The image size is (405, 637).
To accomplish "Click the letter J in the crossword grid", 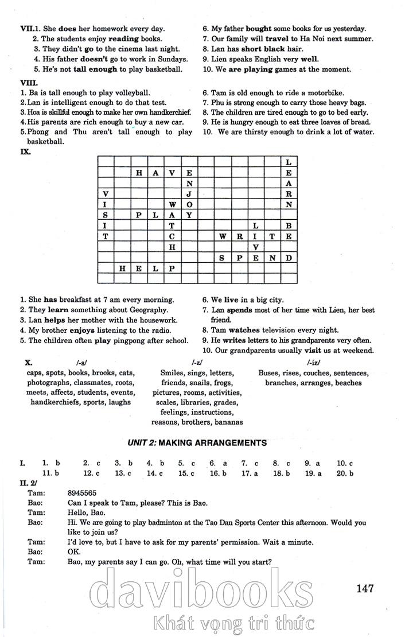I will coord(189,194).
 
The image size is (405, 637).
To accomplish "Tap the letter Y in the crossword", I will coord(189,215).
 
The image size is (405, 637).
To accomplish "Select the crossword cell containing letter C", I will coord(172,236).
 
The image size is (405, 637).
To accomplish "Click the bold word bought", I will coord(259,28).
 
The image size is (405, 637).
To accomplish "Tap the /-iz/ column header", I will coord(313,363).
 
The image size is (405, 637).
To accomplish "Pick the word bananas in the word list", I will coord(228,422).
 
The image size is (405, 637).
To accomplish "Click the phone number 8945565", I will coord(82,492).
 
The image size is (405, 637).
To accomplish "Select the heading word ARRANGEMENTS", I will coord(231,442).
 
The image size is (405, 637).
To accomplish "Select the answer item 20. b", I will coord(345,473).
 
